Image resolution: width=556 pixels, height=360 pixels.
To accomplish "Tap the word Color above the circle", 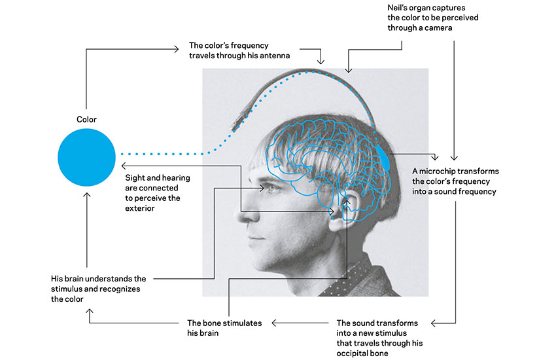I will (x=86, y=119).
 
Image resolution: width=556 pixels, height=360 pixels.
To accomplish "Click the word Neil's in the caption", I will (x=398, y=7).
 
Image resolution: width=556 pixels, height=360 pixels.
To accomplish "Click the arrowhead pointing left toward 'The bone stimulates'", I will (x=273, y=323).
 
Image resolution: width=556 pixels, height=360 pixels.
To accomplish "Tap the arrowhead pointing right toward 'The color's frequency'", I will (x=177, y=48).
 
